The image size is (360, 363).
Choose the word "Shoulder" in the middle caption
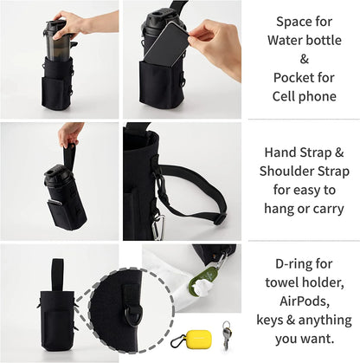(286, 171)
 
